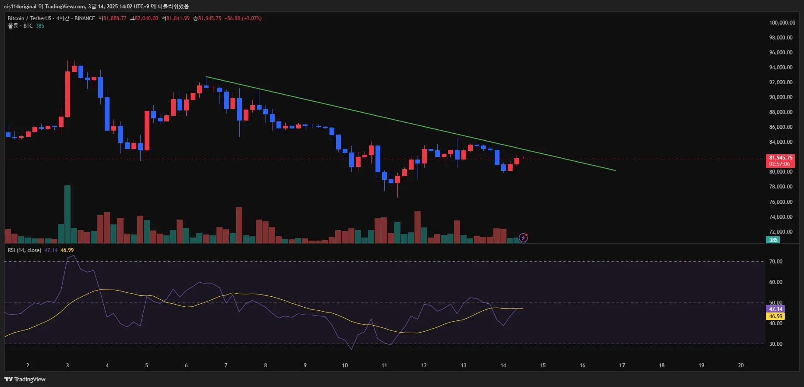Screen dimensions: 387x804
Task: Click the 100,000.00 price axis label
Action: click(782, 23)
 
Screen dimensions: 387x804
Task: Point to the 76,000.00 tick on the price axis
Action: click(781, 202)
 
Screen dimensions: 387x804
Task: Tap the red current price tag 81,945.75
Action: click(781, 158)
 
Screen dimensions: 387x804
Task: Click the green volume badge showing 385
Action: click(773, 240)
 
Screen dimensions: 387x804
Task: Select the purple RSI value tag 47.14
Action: click(776, 309)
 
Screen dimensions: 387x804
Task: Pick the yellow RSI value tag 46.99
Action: click(776, 316)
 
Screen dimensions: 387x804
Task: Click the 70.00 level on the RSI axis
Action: click(776, 262)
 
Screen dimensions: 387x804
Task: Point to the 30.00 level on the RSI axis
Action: click(776, 344)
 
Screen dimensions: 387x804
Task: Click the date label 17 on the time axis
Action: click(622, 366)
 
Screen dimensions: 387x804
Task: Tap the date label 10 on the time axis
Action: click(345, 366)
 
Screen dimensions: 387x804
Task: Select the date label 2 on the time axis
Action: click(28, 366)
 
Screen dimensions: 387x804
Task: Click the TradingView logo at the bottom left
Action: click(25, 380)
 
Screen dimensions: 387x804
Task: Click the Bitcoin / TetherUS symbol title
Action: click(29, 18)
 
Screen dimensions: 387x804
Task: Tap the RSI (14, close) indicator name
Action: click(25, 250)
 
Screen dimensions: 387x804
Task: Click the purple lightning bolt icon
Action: click(523, 238)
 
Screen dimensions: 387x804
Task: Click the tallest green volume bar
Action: click(67, 214)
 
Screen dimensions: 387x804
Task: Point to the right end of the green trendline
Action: click(615, 170)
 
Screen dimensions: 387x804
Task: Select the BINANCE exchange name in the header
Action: click(85, 18)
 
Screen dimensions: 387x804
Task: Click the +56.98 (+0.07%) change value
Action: click(243, 18)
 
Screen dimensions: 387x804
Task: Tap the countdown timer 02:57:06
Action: click(779, 164)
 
